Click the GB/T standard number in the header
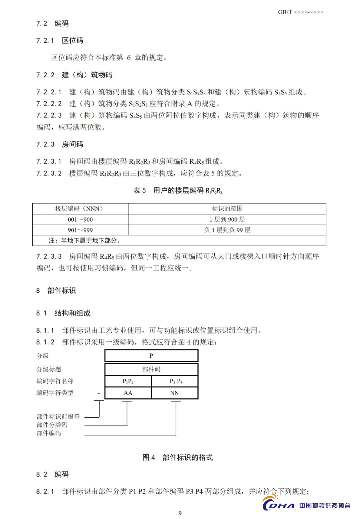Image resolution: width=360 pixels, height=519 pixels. [300, 12]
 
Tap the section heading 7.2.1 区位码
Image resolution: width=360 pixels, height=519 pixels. [60, 41]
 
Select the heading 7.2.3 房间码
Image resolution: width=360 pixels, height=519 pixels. [60, 144]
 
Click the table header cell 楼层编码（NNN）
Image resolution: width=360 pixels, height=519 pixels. [80, 209]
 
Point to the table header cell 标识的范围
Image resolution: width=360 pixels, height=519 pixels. [227, 209]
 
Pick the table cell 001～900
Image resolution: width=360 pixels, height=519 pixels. [80, 220]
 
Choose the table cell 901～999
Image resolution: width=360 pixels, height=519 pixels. [80, 230]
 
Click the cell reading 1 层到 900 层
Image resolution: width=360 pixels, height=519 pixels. [227, 220]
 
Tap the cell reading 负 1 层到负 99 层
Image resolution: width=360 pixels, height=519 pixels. [227, 230]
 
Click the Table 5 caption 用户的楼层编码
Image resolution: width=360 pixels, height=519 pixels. [178, 191]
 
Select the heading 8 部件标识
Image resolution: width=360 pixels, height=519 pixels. [56, 290]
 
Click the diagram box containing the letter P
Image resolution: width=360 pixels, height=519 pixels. [151, 356]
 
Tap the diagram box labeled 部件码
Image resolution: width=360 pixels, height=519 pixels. [151, 369]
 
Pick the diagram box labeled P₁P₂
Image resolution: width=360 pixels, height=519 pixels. [128, 381]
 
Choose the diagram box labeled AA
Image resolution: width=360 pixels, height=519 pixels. [128, 393]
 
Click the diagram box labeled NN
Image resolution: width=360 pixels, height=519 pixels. [175, 393]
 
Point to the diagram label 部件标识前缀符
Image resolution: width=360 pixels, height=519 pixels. [58, 417]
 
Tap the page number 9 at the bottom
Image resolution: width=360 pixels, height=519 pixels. [180, 513]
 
